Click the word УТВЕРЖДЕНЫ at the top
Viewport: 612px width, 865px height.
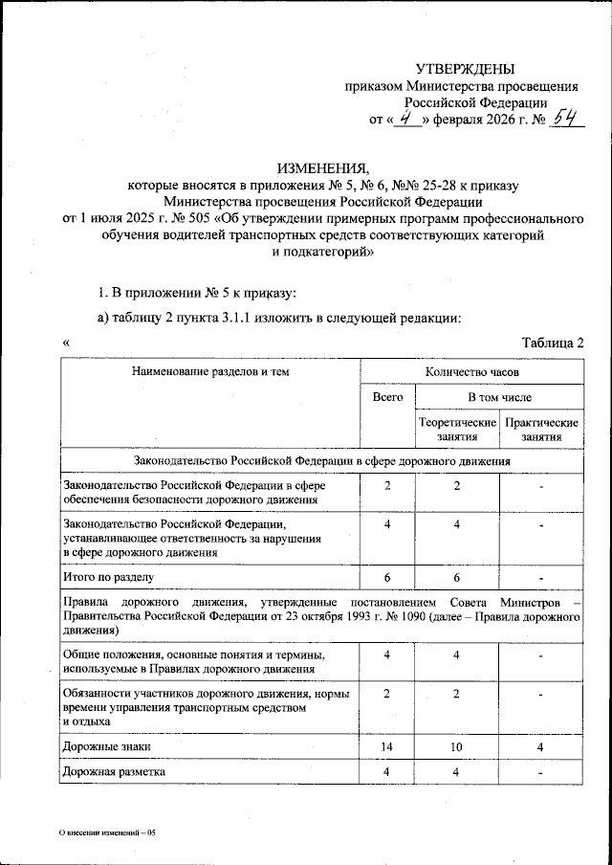pos(465,69)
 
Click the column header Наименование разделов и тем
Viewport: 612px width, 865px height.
pos(210,370)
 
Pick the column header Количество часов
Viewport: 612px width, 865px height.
pos(472,370)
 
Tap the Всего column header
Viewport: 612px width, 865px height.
pos(387,396)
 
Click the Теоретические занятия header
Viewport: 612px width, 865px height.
pos(457,429)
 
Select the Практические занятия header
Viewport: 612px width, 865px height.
pos(541,429)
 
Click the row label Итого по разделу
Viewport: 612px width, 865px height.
pos(107,578)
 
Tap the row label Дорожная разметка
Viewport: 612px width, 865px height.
pos(113,771)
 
